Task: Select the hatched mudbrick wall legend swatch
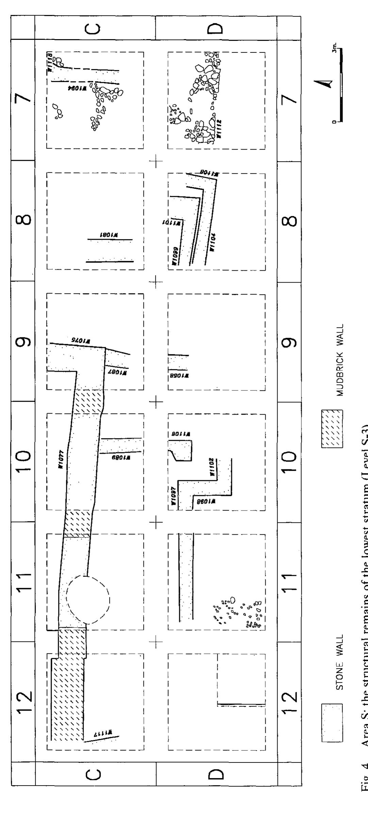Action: tap(332, 424)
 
